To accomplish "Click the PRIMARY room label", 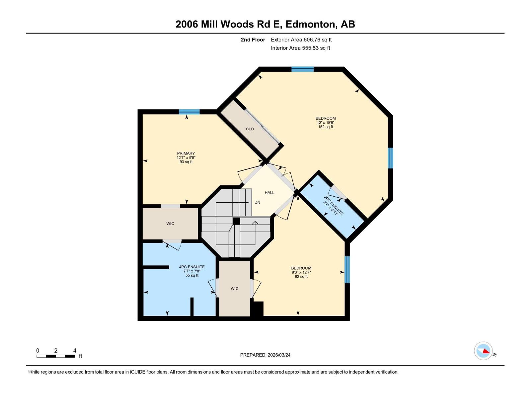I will coord(186,154).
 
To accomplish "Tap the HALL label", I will coord(269,192).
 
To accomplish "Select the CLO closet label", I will coord(250,129).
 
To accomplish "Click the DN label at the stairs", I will coord(257,202).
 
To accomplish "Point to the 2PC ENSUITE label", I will coord(334,206).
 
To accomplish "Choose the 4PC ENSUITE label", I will coord(192,267).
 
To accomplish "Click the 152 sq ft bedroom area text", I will coord(326,127).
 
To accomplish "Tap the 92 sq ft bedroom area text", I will coord(301,277).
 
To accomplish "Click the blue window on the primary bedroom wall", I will coord(189,112).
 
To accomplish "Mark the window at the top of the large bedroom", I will coord(302,69).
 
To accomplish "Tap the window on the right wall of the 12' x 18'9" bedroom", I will coord(391,158).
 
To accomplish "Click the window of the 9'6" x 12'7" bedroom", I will coord(347,269).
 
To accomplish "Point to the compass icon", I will coord(483,351).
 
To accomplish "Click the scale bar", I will coord(56,356).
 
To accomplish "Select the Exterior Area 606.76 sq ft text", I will coord(301,40).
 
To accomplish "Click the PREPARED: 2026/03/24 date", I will coord(265,355).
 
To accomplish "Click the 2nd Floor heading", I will coord(253,40).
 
